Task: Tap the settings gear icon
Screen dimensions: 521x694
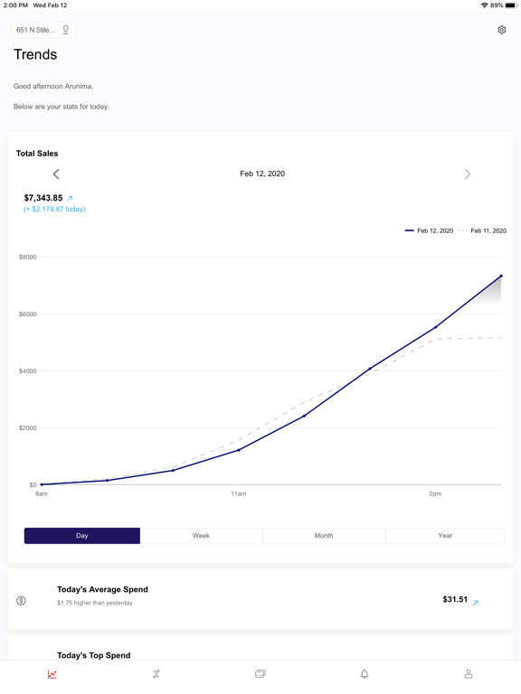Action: tap(501, 30)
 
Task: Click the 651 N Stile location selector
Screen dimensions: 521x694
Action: tap(43, 30)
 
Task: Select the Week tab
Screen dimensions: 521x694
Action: tap(201, 536)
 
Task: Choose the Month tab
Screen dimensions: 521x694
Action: tap(324, 536)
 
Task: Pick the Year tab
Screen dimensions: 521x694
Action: tap(445, 536)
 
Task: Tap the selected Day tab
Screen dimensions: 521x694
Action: tap(82, 536)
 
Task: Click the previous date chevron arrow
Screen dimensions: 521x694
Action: tap(56, 173)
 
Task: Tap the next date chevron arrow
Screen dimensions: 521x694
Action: tap(468, 173)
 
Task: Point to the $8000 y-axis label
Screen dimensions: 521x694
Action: tap(27, 258)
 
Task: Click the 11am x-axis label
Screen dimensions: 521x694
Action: tap(239, 493)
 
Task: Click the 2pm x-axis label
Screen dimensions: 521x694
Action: tap(435, 493)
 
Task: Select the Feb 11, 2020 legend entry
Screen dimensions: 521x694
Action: tap(482, 230)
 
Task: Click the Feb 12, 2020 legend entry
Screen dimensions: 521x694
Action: tap(429, 230)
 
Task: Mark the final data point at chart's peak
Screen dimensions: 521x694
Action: tap(501, 276)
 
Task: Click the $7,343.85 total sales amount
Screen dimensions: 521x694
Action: tap(43, 198)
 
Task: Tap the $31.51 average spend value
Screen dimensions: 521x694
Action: tap(455, 599)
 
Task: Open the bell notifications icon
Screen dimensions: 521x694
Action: tap(365, 674)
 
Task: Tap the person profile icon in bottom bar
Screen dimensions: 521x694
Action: tap(469, 674)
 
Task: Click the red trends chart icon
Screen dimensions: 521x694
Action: tap(52, 674)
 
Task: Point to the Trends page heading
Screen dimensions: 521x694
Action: tap(35, 54)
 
